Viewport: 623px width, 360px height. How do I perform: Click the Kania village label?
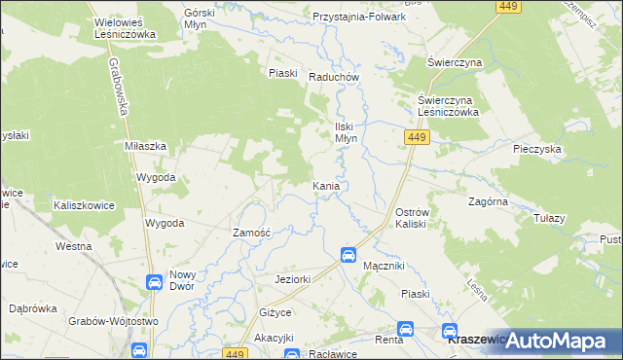325,186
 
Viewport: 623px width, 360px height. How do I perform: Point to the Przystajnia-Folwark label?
359,18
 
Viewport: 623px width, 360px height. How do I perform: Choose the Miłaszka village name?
146,145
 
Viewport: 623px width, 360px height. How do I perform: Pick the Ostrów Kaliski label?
419,217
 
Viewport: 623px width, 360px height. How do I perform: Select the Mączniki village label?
383,265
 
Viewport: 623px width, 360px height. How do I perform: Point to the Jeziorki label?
292,280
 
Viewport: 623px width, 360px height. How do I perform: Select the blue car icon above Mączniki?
348,255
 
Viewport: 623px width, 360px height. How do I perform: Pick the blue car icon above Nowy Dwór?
153,282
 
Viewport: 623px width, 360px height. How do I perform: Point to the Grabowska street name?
122,89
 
